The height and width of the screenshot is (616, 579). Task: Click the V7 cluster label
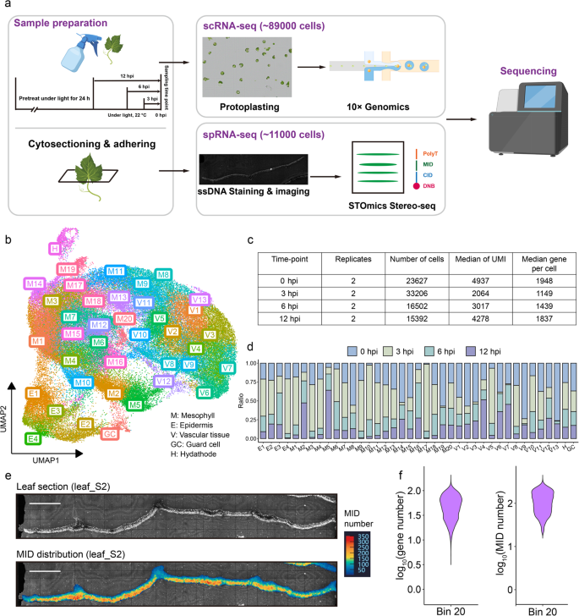coord(227,368)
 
